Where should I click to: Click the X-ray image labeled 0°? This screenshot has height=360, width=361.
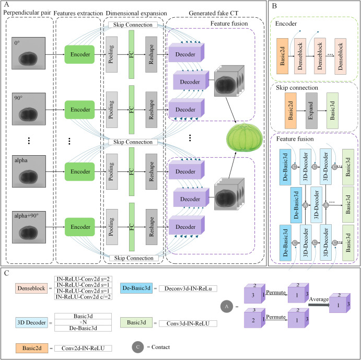pos(31,54)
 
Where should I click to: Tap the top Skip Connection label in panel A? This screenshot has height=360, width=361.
pos(134,25)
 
